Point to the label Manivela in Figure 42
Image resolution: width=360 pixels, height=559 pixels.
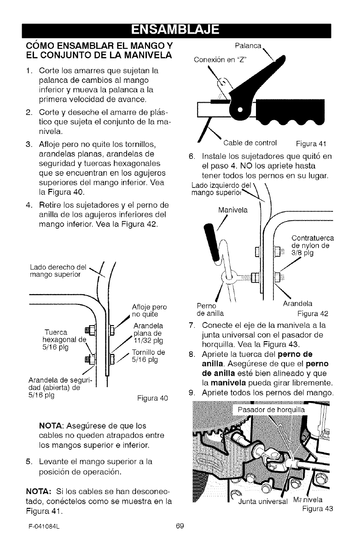point(233,210)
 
